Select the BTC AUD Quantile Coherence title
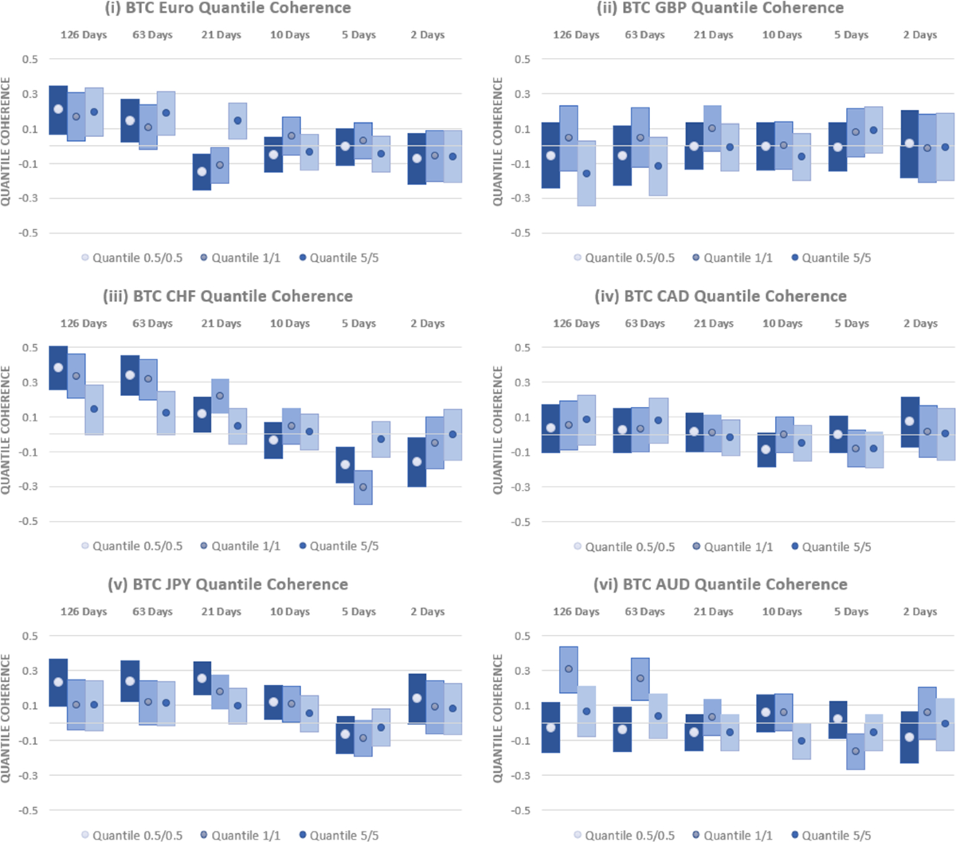[720, 585]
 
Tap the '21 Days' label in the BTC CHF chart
[221, 323]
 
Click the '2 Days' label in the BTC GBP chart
[919, 35]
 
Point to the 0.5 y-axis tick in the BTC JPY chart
[30, 636]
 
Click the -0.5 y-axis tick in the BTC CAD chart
[522, 522]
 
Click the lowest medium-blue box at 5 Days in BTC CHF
[363, 488]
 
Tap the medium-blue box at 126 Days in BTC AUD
[569, 669]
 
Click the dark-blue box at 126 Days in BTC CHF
[58, 368]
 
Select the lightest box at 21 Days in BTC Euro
[237, 121]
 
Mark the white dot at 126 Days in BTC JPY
[58, 682]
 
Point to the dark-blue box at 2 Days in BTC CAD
[910, 421]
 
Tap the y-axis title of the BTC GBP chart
[498, 142]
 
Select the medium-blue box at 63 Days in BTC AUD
[640, 679]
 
